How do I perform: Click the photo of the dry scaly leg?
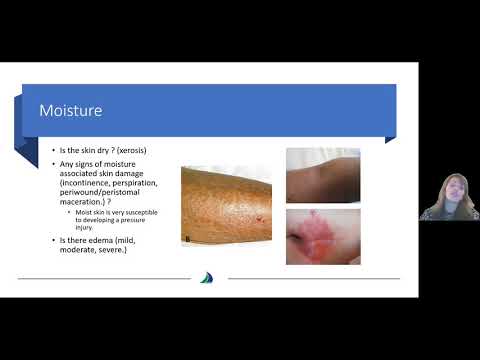227,205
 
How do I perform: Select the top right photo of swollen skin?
323,175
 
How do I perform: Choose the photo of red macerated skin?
323,236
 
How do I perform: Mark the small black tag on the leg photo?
187,238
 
